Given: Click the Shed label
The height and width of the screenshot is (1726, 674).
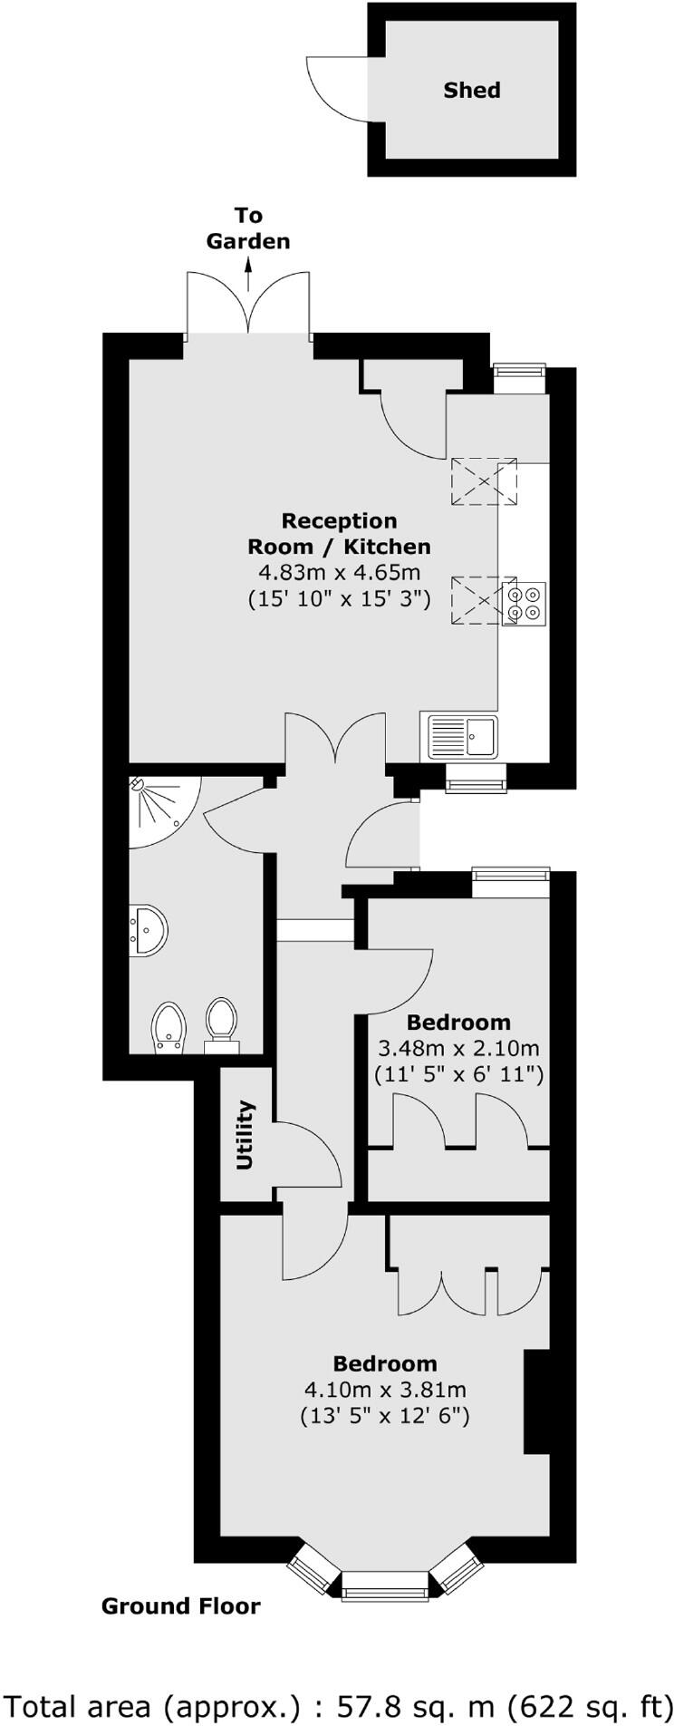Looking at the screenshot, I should tap(471, 90).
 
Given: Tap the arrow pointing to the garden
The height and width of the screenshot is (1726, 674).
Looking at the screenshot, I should tap(248, 273).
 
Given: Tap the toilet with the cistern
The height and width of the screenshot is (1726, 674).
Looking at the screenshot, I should tap(221, 1025).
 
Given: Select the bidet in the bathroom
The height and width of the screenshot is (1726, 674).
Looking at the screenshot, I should tap(169, 1028).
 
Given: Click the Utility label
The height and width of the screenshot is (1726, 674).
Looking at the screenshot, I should tap(245, 1135).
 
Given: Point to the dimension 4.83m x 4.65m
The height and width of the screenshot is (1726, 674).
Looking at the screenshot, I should tap(339, 573).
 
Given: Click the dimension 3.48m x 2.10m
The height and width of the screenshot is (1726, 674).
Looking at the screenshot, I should tap(457, 1049).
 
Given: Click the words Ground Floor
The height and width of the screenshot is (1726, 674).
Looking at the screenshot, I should tap(180, 1606).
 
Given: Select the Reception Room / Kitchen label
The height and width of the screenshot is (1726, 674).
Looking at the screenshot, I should tap(339, 533).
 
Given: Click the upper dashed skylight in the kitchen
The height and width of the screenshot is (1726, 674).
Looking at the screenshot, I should tap(484, 480).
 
